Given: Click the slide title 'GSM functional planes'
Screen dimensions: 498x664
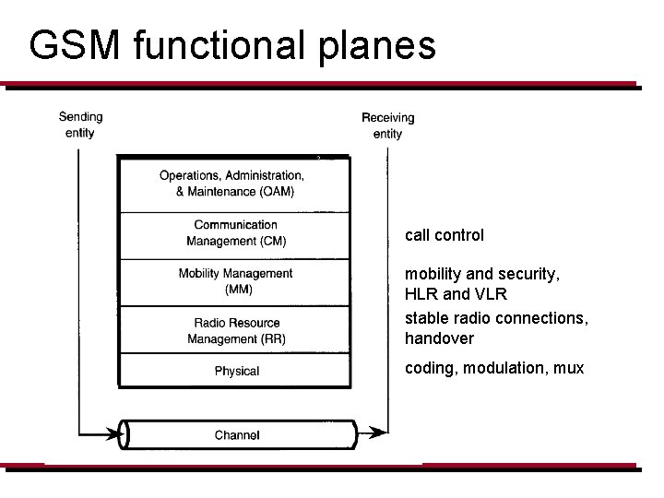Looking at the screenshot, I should tap(232, 45).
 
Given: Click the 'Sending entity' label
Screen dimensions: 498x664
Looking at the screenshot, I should tap(80, 125).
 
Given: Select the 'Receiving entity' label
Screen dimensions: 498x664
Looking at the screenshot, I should tap(387, 125).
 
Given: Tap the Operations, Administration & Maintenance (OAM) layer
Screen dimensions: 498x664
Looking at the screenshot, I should tap(231, 184).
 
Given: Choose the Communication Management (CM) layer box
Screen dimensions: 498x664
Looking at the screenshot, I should tap(235, 233).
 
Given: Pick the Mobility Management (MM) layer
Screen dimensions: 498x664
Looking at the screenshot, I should tap(235, 281).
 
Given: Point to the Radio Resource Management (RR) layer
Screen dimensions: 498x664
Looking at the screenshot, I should tap(236, 330).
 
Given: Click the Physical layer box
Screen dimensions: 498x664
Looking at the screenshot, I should tap(236, 371).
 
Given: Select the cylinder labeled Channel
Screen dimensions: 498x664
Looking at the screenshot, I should tap(237, 434).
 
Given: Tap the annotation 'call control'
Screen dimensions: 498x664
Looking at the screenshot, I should tap(444, 235).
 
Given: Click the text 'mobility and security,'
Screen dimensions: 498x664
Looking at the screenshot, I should tap(481, 274).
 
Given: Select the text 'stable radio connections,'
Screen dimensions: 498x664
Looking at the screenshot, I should tap(495, 319).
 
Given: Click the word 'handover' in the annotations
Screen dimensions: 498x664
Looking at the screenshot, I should tap(439, 338).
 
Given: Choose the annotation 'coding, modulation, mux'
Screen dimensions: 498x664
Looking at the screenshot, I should tap(494, 368).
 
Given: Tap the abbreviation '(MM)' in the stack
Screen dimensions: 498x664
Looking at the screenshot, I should tap(236, 290).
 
